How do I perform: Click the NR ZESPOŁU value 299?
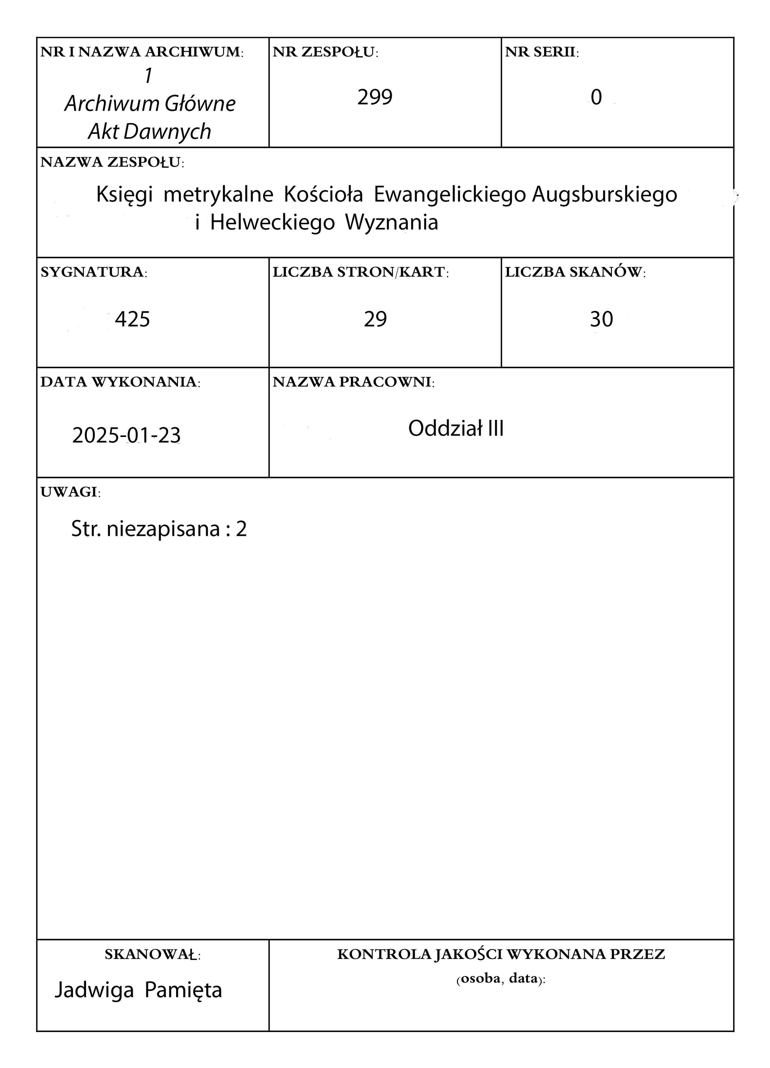375,97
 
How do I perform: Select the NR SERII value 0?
596,97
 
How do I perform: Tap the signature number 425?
132,319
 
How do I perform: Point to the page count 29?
375,319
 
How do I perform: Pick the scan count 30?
602,319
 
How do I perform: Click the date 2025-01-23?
126,435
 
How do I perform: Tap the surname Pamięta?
183,990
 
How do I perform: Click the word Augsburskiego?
605,194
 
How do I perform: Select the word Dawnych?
167,132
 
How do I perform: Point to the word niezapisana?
163,529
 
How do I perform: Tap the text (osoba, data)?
501,979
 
